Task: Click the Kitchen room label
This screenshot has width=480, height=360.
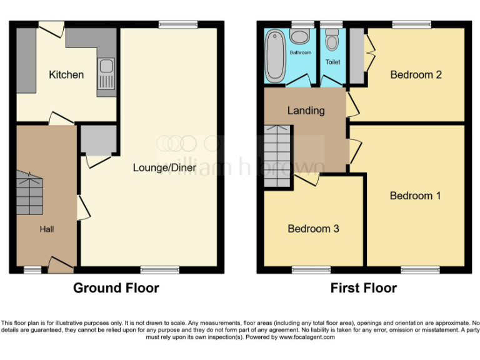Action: (x=66, y=74)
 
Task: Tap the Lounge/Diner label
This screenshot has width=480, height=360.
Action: (x=164, y=167)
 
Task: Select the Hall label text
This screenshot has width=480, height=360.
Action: (x=47, y=229)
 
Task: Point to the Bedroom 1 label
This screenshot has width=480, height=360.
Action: (x=415, y=196)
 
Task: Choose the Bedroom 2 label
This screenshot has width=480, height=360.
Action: (x=416, y=74)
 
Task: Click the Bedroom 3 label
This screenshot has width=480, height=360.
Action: (x=313, y=229)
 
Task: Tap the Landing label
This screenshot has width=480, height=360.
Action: (x=306, y=111)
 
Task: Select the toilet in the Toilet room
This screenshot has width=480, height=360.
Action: (x=332, y=41)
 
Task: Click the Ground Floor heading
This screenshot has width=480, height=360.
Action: (x=116, y=288)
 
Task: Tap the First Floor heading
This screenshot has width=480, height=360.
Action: (x=363, y=288)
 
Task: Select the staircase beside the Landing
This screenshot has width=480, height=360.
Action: (x=277, y=156)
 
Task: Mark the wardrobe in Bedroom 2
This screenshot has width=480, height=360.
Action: (x=356, y=56)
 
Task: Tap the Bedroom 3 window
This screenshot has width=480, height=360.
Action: (x=311, y=270)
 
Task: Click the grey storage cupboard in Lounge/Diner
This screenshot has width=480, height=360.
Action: (x=98, y=140)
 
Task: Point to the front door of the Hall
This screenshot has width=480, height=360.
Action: (x=60, y=266)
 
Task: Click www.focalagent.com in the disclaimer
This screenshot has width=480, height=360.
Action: (x=306, y=337)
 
